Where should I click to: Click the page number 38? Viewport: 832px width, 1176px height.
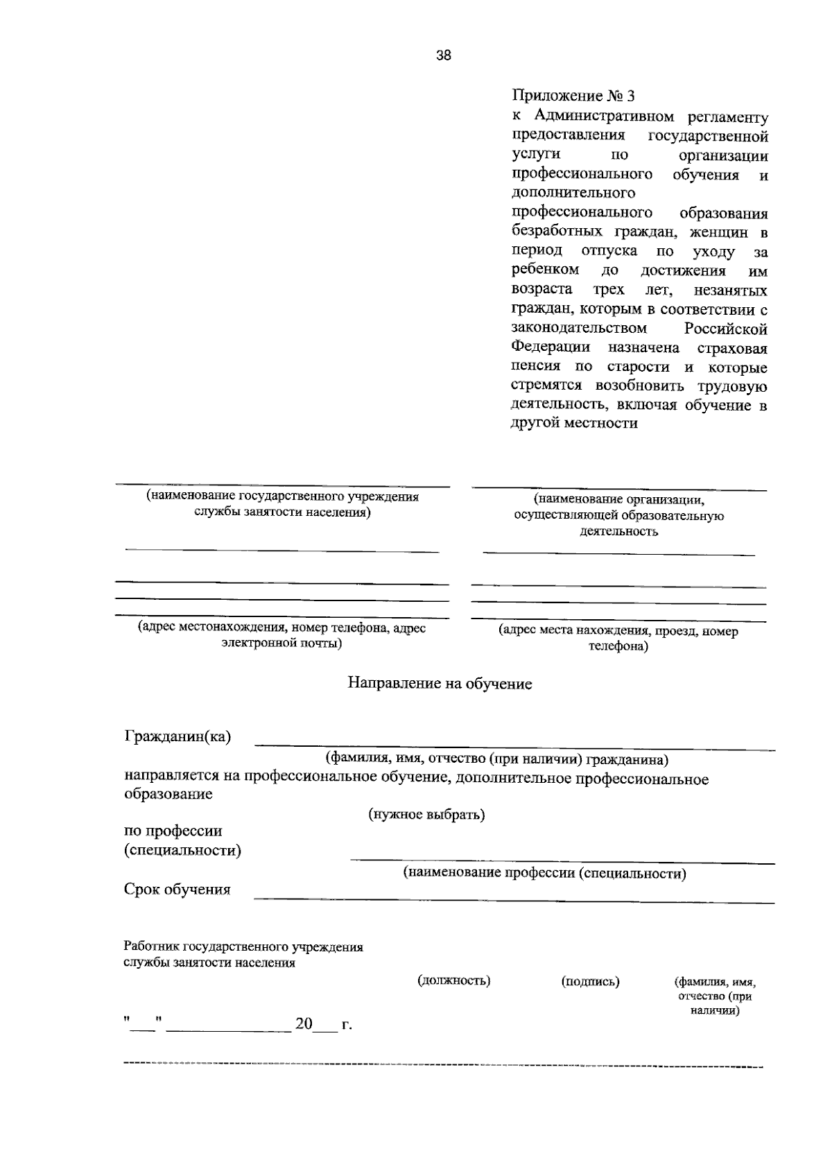[444, 56]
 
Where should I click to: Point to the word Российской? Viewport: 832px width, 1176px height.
[726, 327]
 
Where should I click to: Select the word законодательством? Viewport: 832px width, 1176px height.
[580, 327]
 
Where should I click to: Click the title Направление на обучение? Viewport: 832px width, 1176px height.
[440, 684]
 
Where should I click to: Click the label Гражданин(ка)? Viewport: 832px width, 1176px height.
[177, 736]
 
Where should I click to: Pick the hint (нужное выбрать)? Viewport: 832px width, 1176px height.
[426, 814]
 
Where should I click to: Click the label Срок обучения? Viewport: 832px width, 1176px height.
[177, 889]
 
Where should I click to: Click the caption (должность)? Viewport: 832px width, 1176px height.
[454, 980]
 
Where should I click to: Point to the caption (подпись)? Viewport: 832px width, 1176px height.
[590, 981]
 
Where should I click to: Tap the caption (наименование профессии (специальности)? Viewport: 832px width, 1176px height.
[545, 873]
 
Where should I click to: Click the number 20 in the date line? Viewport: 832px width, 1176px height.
[304, 1023]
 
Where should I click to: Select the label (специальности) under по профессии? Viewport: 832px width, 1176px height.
[182, 850]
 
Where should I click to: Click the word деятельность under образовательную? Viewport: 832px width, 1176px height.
[618, 532]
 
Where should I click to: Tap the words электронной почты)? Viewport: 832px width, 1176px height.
[281, 643]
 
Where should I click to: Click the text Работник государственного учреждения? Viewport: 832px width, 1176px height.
[243, 946]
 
